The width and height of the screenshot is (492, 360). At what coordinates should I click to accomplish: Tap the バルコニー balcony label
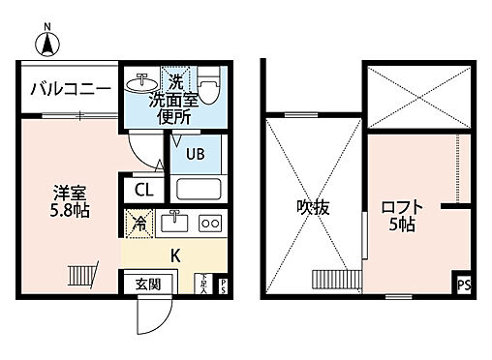point(67,90)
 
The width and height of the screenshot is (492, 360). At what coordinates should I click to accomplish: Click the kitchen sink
point(173,221)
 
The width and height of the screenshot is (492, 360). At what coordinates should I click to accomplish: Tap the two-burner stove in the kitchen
point(209,222)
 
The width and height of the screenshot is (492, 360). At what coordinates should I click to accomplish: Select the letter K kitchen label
point(175,255)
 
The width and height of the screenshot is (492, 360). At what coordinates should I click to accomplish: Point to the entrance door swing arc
point(152,312)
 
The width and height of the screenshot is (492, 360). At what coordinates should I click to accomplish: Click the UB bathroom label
point(194,152)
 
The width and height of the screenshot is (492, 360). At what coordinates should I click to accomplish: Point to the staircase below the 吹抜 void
point(332,280)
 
